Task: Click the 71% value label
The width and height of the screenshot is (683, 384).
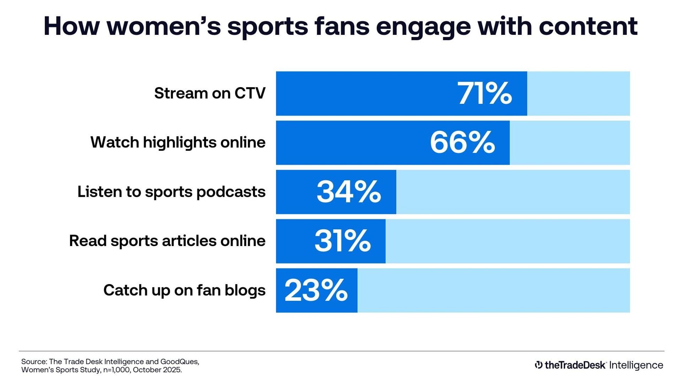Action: (x=484, y=93)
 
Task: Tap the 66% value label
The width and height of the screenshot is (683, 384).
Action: (x=462, y=143)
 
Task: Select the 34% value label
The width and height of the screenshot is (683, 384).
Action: (x=348, y=192)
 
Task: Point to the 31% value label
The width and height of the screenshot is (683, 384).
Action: (x=343, y=241)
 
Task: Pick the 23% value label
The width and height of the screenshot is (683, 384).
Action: (x=316, y=290)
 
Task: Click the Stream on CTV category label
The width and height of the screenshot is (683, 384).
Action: (x=210, y=93)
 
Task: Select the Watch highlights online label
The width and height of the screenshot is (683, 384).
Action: (x=178, y=143)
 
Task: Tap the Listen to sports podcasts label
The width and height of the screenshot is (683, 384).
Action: (x=171, y=192)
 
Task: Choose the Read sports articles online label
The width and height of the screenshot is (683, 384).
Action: (x=167, y=241)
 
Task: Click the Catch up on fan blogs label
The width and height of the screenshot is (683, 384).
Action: (x=184, y=290)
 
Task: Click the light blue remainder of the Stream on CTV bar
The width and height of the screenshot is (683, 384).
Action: (x=578, y=93)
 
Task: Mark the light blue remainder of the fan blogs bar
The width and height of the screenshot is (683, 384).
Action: (x=493, y=290)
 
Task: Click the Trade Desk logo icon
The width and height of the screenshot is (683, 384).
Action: (x=538, y=365)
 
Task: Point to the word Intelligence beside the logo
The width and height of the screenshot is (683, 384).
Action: (x=636, y=365)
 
